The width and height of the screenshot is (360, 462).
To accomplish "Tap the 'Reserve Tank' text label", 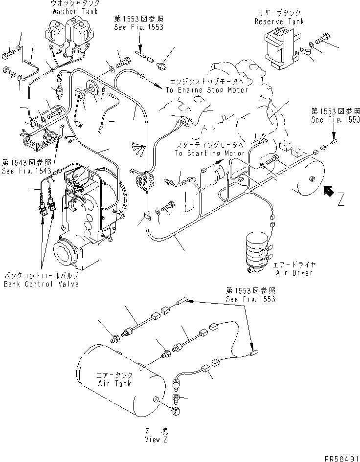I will click(x=279, y=22).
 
